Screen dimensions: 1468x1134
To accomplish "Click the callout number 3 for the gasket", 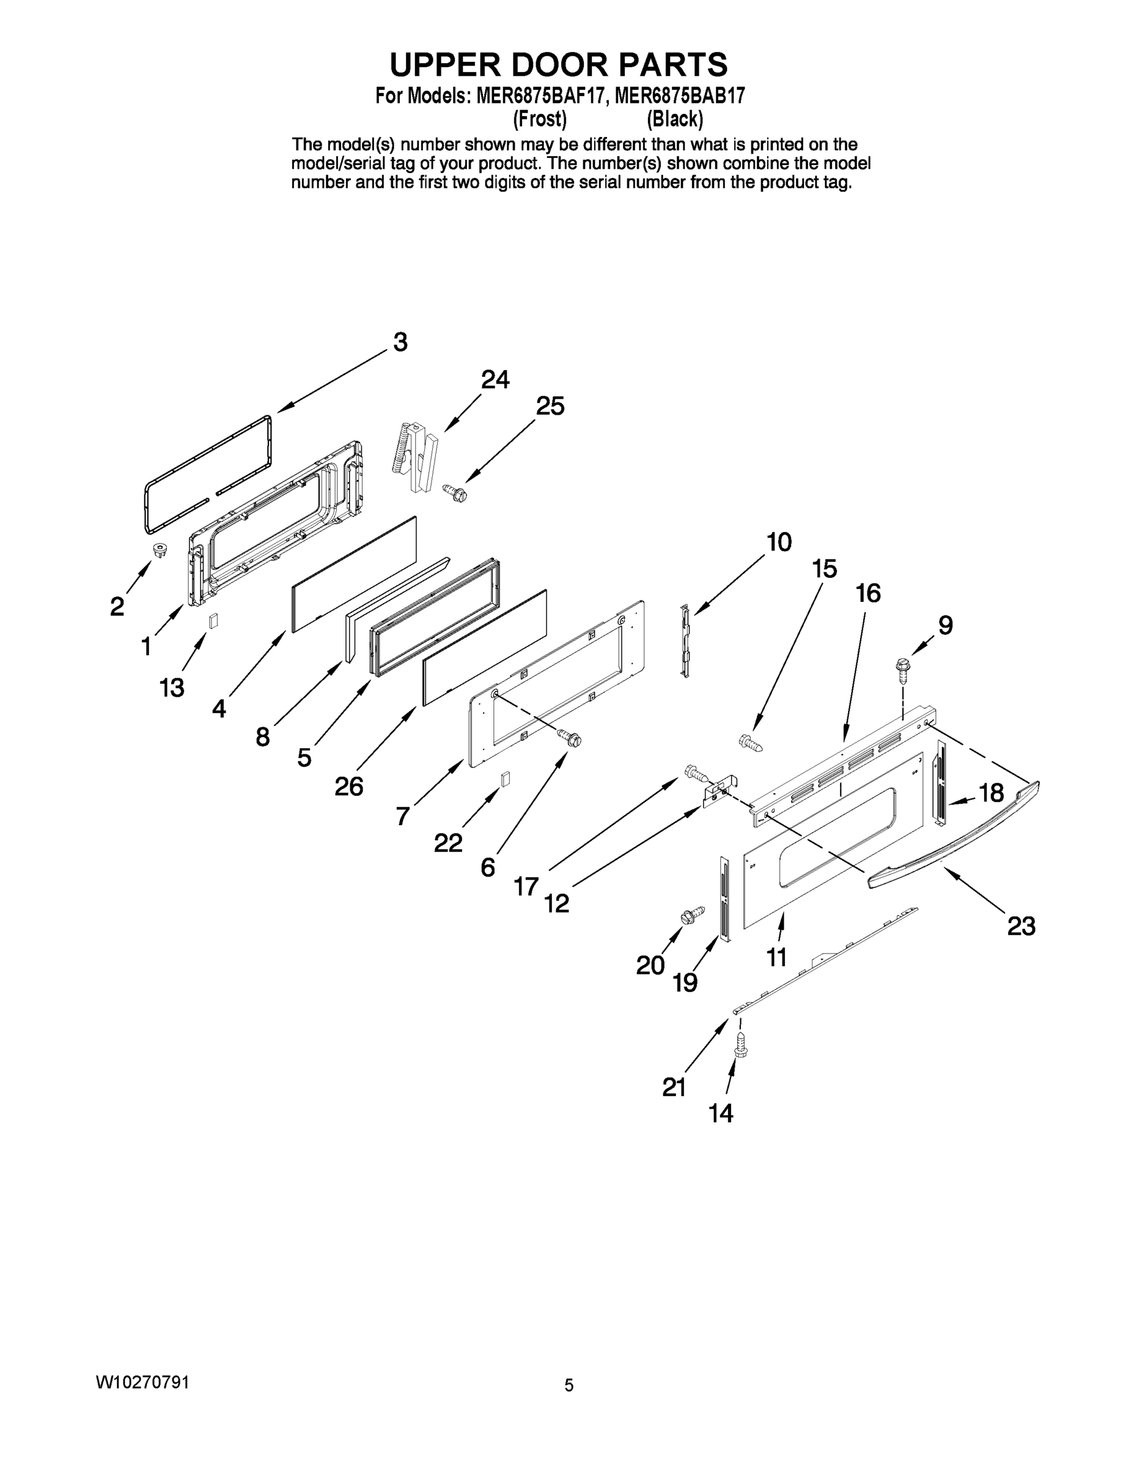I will [400, 342].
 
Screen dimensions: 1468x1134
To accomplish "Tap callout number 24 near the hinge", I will [495, 380].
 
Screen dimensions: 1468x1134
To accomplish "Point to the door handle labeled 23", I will [954, 834].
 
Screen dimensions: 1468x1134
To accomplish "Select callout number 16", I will [868, 593].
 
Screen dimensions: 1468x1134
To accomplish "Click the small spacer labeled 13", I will [213, 620].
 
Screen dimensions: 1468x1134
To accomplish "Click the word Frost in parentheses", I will [539, 120].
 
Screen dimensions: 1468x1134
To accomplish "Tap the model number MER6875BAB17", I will [679, 95].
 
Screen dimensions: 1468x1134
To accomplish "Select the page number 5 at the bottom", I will [569, 1385].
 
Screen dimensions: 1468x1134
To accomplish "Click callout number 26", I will [348, 786].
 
